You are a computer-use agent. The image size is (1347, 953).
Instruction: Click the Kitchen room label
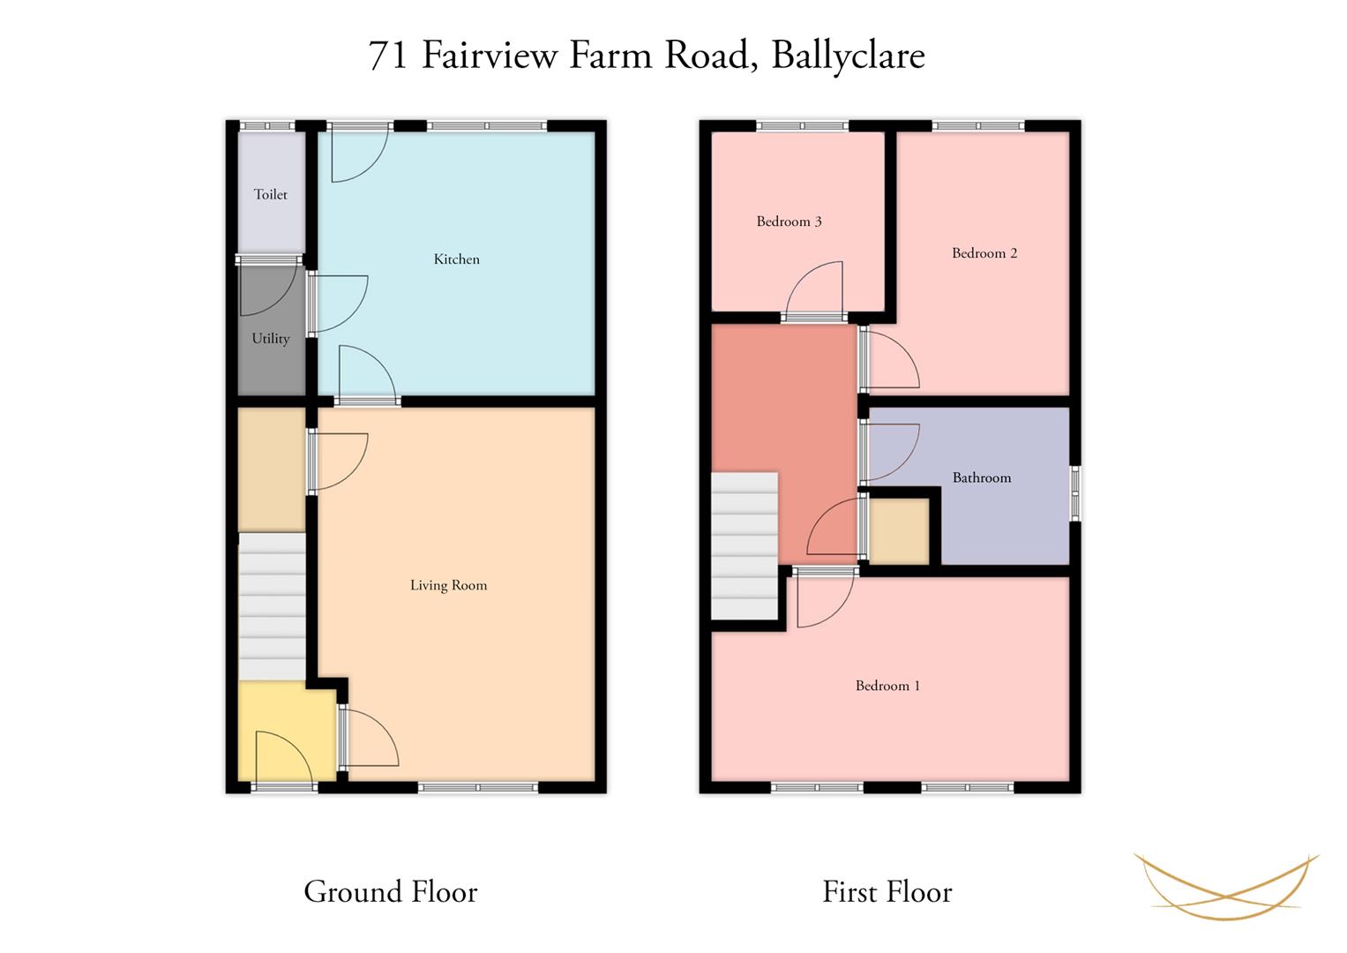[x=456, y=259]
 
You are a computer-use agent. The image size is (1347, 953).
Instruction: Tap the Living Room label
[x=449, y=585]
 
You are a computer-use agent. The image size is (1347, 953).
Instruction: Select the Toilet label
[x=270, y=194]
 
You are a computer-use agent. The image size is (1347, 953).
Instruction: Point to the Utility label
[x=271, y=339]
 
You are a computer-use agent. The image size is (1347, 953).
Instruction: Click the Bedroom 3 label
[x=789, y=221]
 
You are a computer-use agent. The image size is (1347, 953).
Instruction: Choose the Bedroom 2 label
[x=984, y=253]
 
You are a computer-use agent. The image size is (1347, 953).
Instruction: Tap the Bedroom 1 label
[x=887, y=686]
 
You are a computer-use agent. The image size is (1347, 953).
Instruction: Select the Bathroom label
[x=982, y=477]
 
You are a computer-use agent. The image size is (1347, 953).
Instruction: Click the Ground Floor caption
[x=390, y=891]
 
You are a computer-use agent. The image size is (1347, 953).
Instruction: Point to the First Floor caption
[x=887, y=891]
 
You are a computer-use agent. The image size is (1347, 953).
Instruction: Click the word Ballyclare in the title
[x=848, y=56]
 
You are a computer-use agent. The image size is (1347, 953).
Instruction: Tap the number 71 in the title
[x=388, y=56]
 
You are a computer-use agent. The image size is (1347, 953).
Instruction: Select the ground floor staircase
[x=272, y=606]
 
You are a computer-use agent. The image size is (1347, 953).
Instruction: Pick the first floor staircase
[x=745, y=545]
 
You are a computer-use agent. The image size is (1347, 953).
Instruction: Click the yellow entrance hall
[x=287, y=732]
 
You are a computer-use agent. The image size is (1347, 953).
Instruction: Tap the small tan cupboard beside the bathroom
[x=899, y=530]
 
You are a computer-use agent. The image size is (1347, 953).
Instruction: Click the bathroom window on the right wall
[x=1075, y=493]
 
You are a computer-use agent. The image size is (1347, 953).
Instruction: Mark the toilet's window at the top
[x=267, y=126]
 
